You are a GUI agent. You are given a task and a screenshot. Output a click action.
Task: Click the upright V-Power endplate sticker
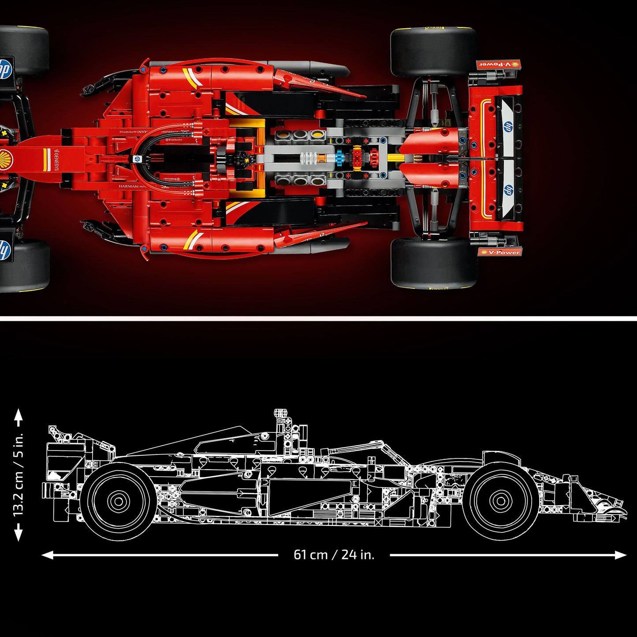[499, 252]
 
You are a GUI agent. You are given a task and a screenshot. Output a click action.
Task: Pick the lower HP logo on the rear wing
[509, 190]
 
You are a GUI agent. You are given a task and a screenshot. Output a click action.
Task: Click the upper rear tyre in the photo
[433, 52]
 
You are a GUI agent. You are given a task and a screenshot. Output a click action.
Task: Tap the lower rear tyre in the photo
[434, 263]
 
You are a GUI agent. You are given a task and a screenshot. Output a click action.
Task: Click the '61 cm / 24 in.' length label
[334, 554]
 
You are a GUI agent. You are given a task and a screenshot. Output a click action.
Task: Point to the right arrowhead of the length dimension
[622, 555]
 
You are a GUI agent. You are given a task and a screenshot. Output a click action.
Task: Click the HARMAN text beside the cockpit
[128, 186]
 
